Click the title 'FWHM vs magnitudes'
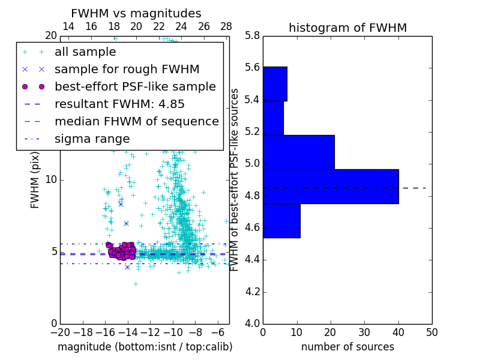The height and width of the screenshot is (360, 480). click(x=136, y=14)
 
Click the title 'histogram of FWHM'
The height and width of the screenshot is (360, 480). click(x=347, y=28)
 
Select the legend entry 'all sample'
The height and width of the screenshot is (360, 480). click(x=85, y=52)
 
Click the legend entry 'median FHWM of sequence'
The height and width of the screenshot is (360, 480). click(x=136, y=121)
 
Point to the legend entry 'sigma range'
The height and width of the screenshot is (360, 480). click(x=92, y=139)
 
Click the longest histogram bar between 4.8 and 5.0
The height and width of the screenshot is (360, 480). click(x=331, y=186)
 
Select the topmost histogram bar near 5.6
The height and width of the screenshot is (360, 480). click(x=275, y=83)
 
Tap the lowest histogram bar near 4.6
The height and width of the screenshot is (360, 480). click(x=281, y=220)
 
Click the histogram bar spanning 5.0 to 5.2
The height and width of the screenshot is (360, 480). click(x=298, y=152)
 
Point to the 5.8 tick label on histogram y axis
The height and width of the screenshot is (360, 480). click(x=253, y=36)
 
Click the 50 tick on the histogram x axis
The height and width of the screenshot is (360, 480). click(x=431, y=332)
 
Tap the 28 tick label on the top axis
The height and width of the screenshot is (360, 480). click(x=226, y=26)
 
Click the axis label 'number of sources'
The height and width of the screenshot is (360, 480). click(x=347, y=347)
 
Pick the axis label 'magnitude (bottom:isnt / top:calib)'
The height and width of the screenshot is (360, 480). click(x=145, y=347)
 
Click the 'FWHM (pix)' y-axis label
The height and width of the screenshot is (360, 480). click(x=35, y=180)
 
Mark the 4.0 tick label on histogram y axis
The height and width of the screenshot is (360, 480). click(x=253, y=323)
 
